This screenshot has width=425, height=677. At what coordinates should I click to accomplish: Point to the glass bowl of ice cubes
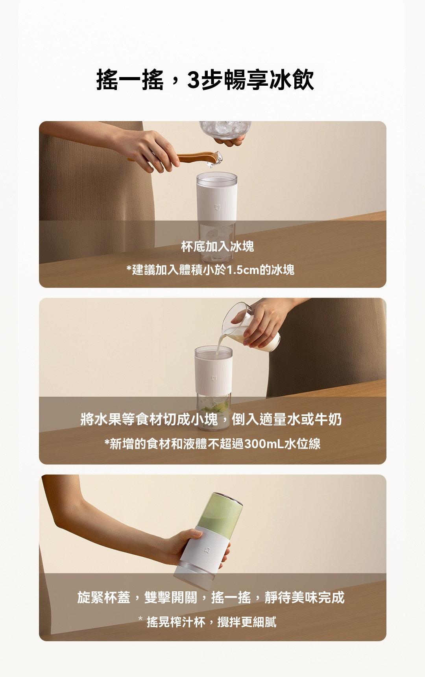click(225, 129)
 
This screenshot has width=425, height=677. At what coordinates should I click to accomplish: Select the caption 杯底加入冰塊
click(217, 247)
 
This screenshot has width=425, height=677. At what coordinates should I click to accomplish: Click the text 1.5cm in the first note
click(243, 270)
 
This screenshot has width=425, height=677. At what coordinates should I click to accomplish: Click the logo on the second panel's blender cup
click(214, 378)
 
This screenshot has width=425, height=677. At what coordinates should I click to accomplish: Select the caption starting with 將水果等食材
click(211, 419)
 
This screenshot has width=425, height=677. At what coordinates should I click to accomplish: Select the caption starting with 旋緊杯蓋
click(211, 597)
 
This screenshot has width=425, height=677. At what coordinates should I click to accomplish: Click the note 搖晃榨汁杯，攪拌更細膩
click(211, 622)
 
